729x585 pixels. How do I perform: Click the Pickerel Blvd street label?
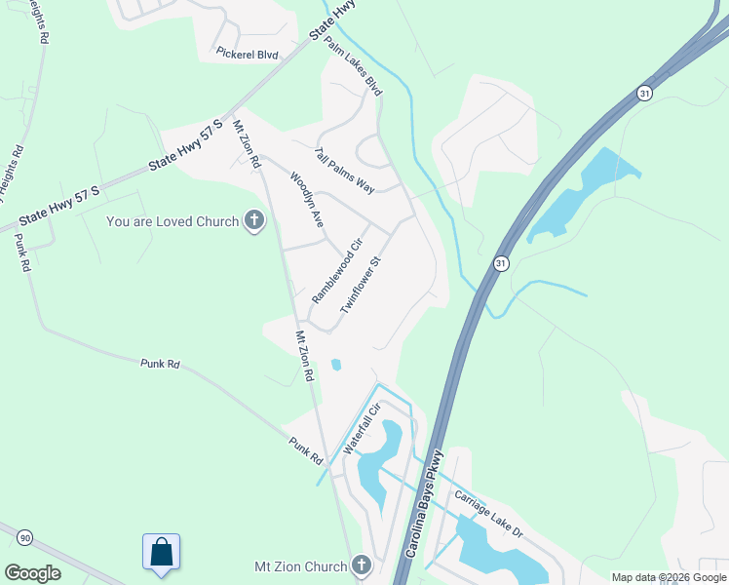[248, 55]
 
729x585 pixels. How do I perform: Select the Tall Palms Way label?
[344, 170]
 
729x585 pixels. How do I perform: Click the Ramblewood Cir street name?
[337, 270]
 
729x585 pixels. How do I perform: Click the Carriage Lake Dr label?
[489, 515]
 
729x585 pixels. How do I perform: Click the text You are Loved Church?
[173, 221]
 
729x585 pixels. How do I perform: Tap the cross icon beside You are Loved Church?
[254, 221]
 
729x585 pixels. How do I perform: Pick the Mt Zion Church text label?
[300, 566]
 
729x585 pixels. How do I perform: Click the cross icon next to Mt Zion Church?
[362, 566]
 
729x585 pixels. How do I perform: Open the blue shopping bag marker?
[161, 552]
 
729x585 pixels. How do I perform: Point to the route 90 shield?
[25, 537]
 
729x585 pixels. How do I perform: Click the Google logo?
[32, 572]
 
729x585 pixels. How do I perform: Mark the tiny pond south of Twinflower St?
[336, 365]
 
